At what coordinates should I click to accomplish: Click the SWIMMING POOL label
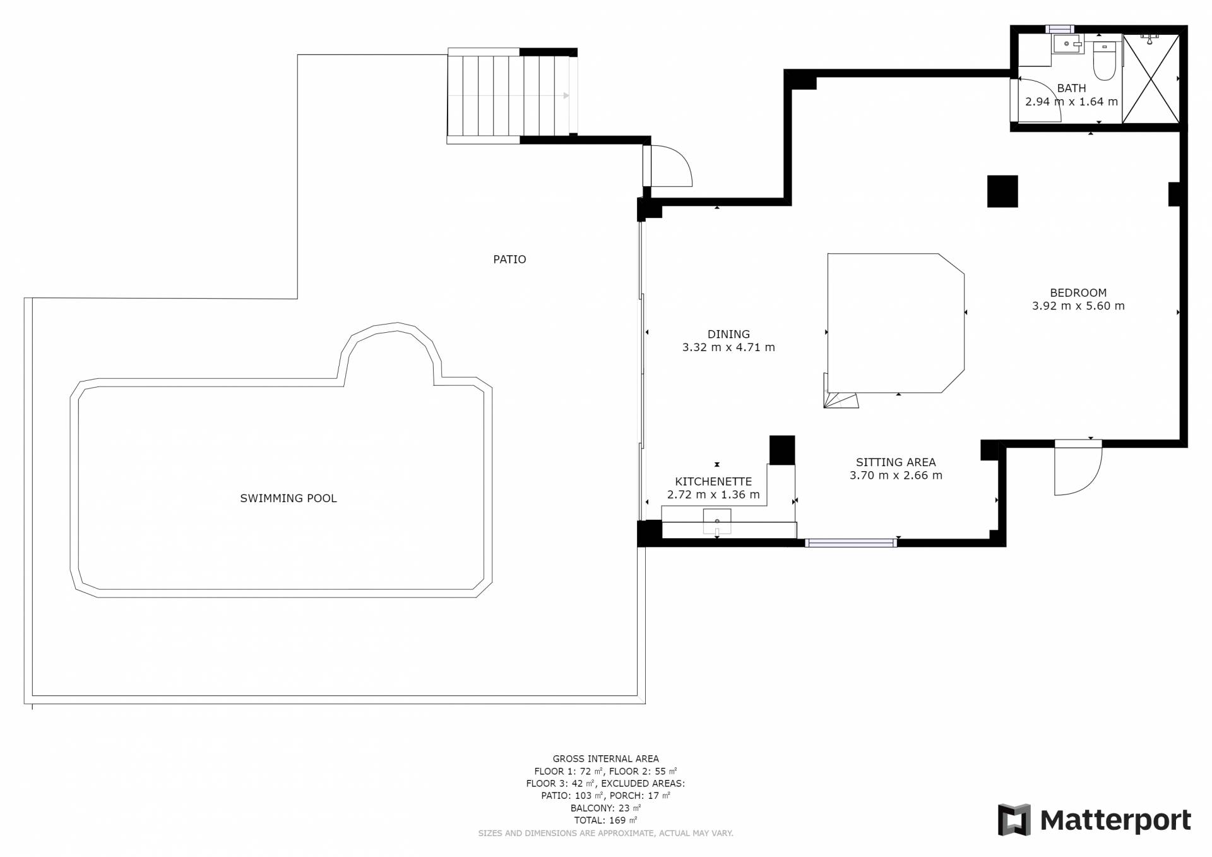[288, 498]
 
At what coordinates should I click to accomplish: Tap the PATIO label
[509, 259]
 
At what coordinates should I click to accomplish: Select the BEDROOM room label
[1078, 293]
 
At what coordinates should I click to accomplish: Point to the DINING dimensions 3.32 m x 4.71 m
[728, 347]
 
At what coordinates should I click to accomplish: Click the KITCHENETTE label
[713, 482]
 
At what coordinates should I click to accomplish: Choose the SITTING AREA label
[896, 462]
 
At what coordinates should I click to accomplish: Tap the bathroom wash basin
[1067, 44]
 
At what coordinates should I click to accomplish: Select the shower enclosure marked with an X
[1151, 78]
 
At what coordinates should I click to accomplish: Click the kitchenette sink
[717, 521]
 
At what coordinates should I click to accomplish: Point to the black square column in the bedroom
[1002, 191]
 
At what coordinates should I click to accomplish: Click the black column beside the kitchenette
[782, 450]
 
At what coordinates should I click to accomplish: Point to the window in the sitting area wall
[851, 542]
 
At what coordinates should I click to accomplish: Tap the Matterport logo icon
[1014, 820]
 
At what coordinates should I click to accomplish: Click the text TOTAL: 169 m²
[605, 820]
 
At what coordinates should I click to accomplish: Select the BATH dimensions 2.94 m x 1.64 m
[1071, 102]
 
